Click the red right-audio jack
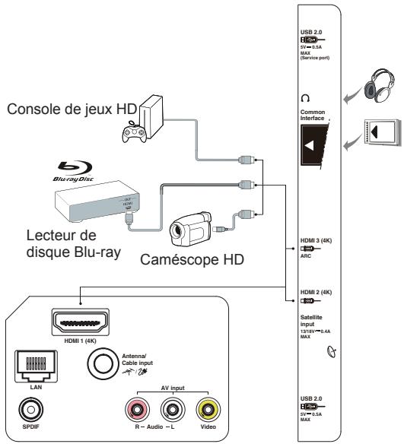(x=138, y=411)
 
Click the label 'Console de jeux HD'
(x=67, y=109)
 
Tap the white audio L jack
(x=172, y=411)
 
